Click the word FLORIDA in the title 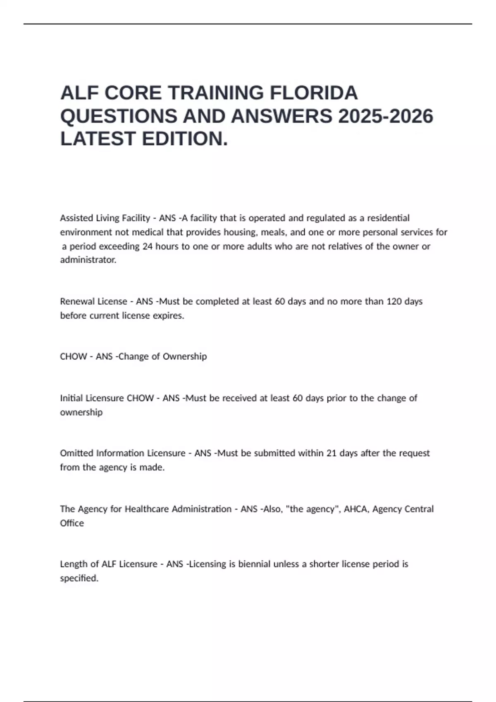pyautogui.click(x=314, y=93)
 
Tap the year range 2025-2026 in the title pyautogui.click(x=386, y=116)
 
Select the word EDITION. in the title pyautogui.click(x=185, y=139)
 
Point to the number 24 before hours pyautogui.click(x=148, y=247)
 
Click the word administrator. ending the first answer pyautogui.click(x=88, y=260)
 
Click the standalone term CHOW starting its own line pyautogui.click(x=73, y=356)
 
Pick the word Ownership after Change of pyautogui.click(x=185, y=356)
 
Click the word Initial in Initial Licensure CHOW pyautogui.click(x=71, y=398)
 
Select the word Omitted pyautogui.click(x=76, y=453)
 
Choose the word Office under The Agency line pyautogui.click(x=72, y=523)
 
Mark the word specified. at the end pyautogui.click(x=79, y=578)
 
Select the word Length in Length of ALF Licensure pyautogui.click(x=73, y=564)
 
